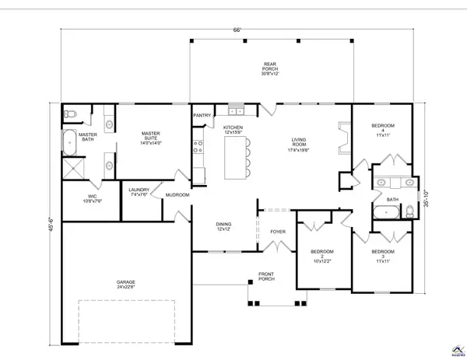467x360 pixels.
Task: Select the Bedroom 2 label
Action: pos(321,255)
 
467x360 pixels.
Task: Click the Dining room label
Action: pos(225,226)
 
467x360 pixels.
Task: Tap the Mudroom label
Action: pos(177,194)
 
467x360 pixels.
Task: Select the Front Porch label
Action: pos(270,277)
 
